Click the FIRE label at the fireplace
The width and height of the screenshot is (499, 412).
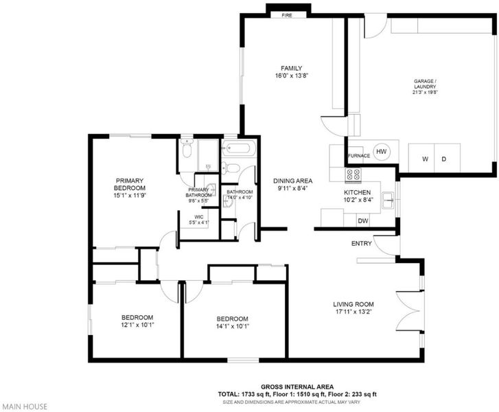[287, 15]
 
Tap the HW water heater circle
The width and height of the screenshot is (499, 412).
[381, 152]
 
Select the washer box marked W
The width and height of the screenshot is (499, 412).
[421, 158]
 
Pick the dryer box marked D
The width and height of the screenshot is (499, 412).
[447, 158]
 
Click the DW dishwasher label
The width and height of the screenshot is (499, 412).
[363, 220]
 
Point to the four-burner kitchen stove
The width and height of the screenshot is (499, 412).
[353, 175]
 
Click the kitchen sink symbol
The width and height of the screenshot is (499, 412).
[388, 201]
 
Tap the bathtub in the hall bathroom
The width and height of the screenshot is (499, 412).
[239, 148]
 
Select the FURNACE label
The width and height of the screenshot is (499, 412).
[359, 156]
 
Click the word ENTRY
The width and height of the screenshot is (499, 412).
[362, 244]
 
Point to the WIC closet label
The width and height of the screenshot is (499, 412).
[199, 217]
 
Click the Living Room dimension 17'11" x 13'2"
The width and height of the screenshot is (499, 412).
[353, 312]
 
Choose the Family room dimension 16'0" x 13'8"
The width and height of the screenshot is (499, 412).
[292, 76]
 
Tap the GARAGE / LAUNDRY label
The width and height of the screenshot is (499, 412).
[425, 84]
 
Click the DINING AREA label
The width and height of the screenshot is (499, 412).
[293, 181]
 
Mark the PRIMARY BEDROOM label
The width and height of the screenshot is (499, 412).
[130, 184]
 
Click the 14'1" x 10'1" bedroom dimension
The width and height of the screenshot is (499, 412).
[232, 326]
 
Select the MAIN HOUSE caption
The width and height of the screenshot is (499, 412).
[25, 407]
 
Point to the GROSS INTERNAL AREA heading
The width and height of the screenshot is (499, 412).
[297, 387]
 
